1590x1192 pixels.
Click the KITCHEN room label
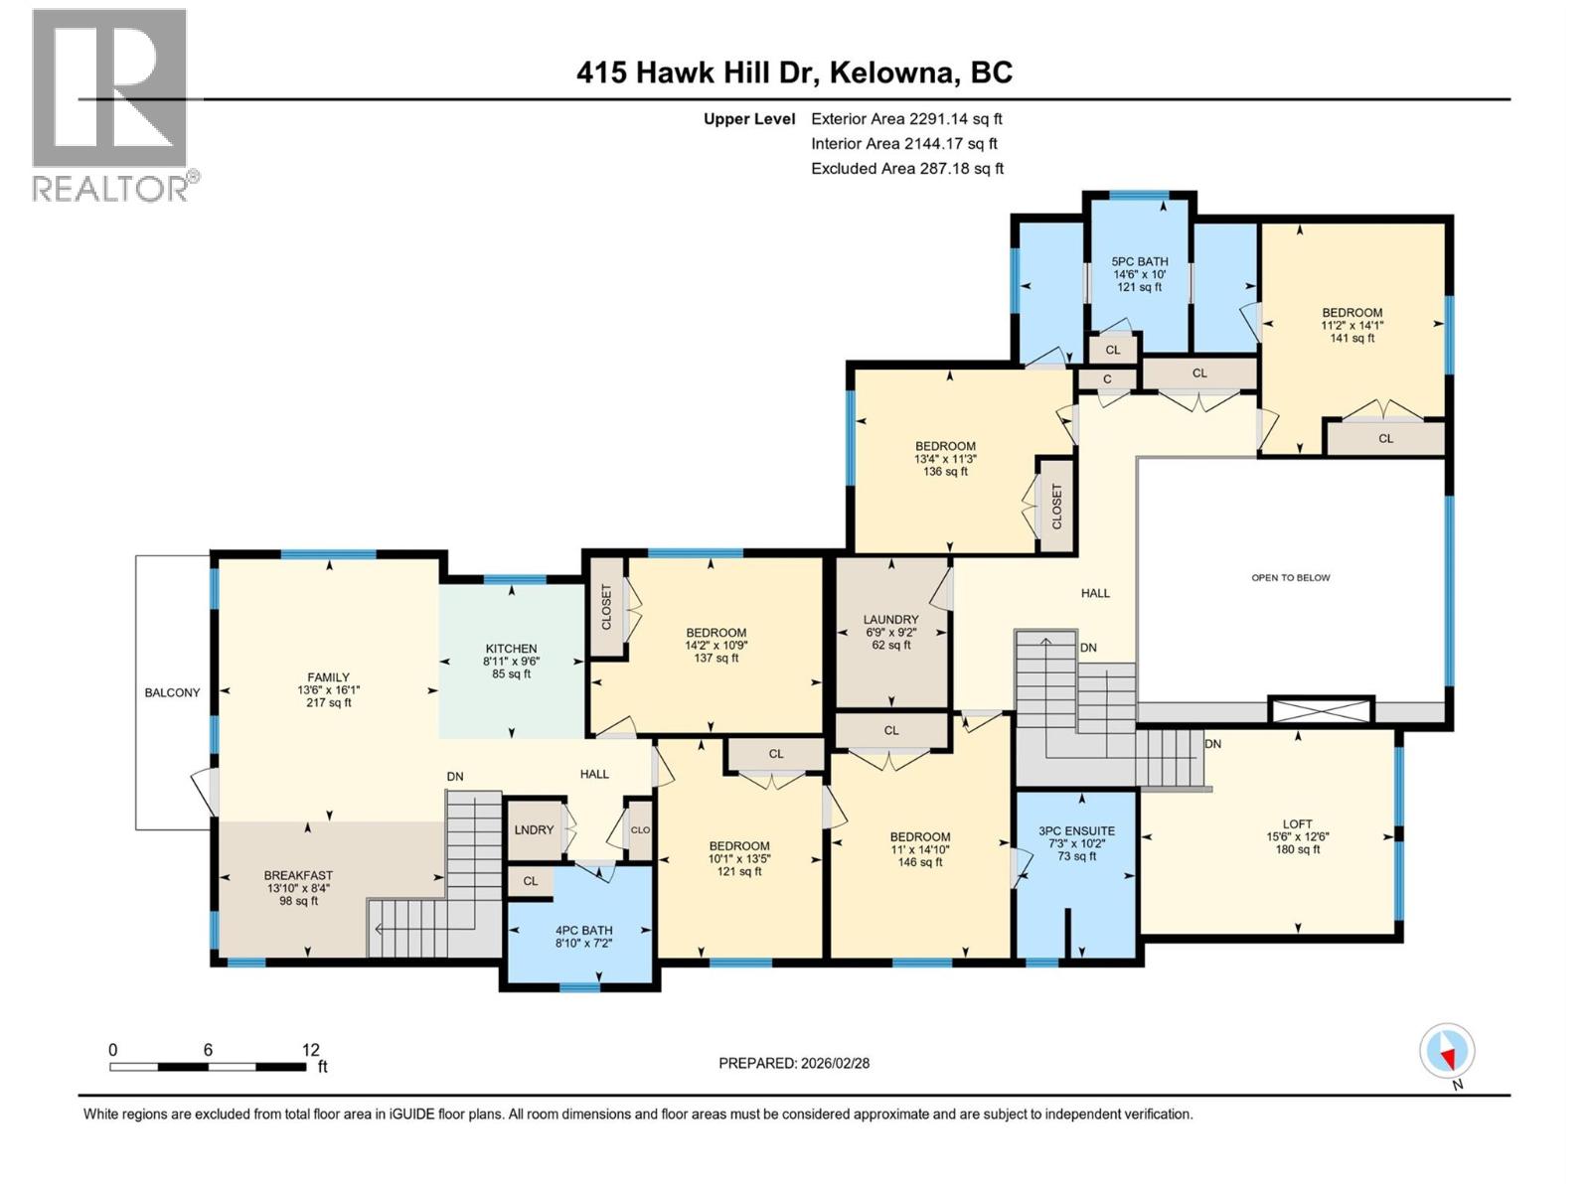(511, 649)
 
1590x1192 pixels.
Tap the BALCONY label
(172, 692)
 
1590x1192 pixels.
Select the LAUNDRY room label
(890, 620)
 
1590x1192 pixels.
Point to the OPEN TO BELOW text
(1290, 577)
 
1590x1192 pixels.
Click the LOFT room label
(1297, 824)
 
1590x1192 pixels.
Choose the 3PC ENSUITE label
(1076, 831)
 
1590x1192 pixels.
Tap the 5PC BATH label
(1139, 262)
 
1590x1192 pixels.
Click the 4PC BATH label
(583, 931)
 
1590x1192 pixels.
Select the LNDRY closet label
(534, 829)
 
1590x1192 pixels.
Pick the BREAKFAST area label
(298, 876)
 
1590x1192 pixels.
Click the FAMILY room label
(328, 677)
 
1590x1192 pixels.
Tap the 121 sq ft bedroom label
(738, 846)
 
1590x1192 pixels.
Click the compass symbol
(1447, 1051)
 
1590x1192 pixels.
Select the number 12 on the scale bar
(310, 1050)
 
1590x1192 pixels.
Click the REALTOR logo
(111, 104)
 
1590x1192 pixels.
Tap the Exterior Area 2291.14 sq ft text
(906, 118)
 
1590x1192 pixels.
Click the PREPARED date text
(793, 1063)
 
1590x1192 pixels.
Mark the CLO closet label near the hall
(640, 830)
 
